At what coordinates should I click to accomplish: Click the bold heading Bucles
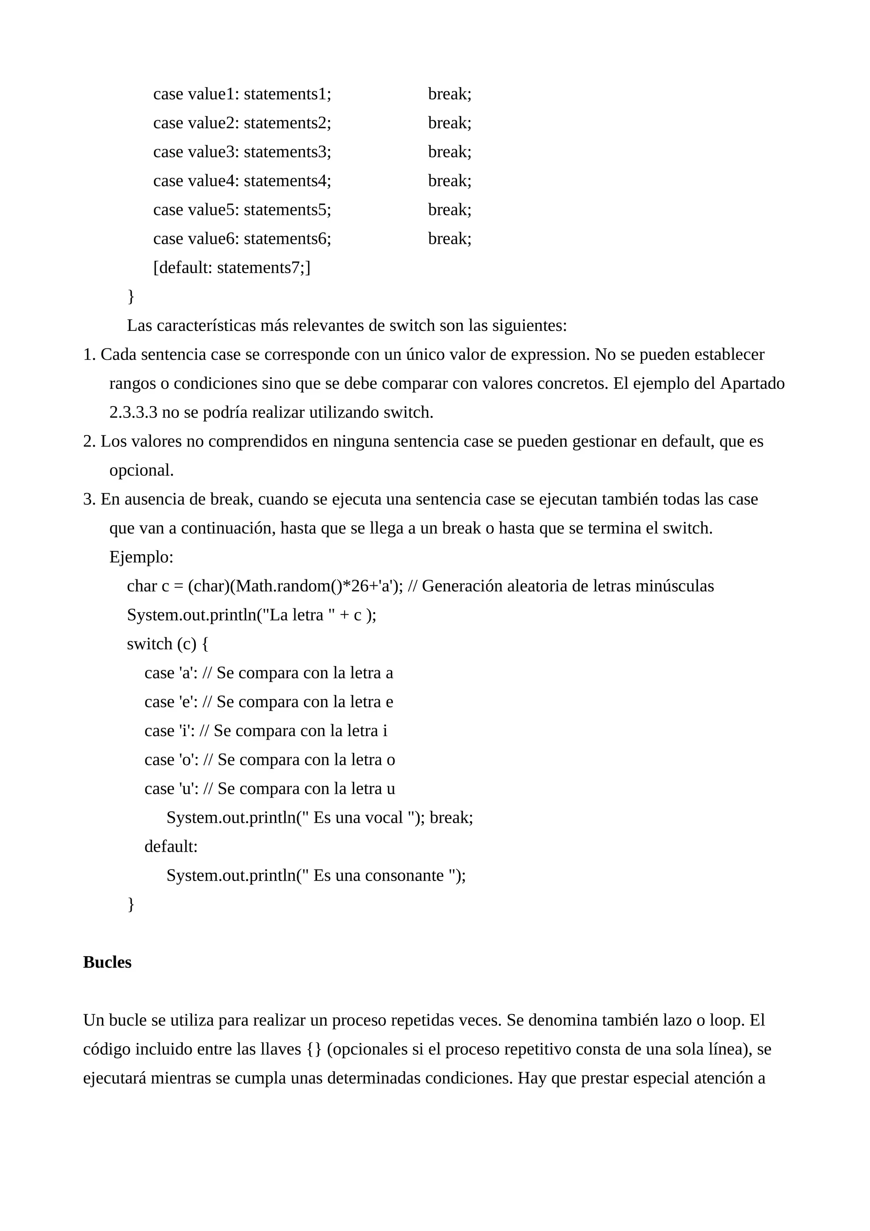coord(107,963)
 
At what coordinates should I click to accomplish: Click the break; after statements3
coord(449,152)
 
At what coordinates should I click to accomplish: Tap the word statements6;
coord(287,239)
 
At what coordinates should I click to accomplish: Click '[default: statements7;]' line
coord(232,268)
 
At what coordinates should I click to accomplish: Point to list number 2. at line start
coord(90,441)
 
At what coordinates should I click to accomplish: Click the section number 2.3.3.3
coord(133,412)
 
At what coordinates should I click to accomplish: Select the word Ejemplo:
coord(141,557)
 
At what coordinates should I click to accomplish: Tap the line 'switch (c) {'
coord(167,644)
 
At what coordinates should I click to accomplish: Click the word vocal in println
coord(383,818)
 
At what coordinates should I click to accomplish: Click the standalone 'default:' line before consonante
coord(171,847)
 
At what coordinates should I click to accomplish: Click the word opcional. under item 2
coord(141,470)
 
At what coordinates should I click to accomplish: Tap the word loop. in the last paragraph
coord(727,1020)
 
